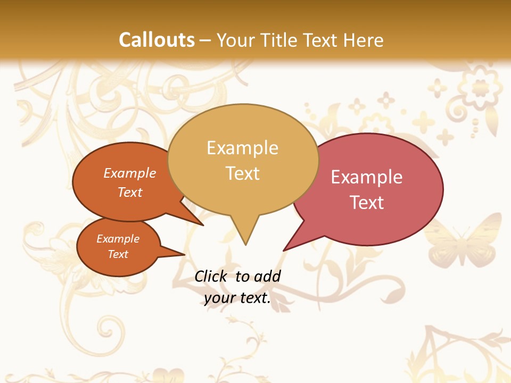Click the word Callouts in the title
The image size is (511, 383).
coord(156,40)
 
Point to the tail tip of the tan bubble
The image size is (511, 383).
coord(245,244)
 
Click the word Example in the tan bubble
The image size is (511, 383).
coord(242,148)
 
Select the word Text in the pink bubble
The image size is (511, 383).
coord(367,203)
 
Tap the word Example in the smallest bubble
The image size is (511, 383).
coord(118,239)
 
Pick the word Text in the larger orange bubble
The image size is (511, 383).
coord(130,192)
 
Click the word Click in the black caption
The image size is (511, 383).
coord(210,276)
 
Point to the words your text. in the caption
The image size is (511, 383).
coord(237,298)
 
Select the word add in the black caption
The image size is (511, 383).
coord(268,276)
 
